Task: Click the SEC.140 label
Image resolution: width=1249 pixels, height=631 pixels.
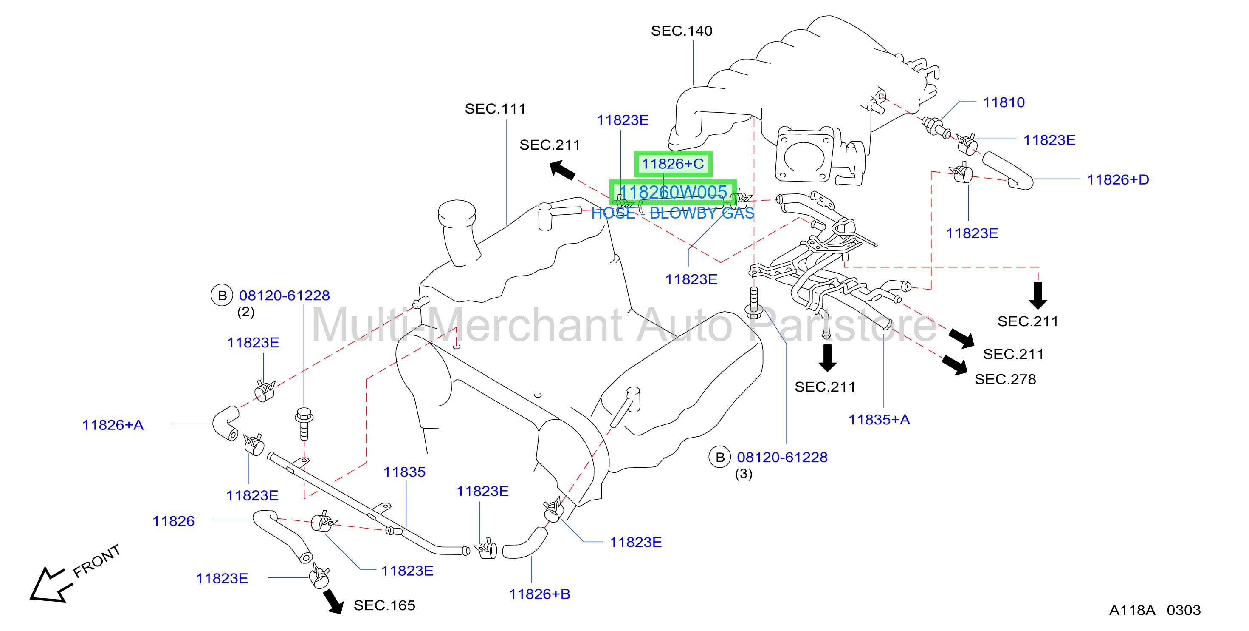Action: (681, 31)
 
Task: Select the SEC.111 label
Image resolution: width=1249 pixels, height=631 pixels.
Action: (495, 109)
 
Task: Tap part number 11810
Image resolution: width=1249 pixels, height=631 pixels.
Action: (1004, 102)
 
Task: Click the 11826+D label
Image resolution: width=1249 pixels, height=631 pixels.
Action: (1118, 179)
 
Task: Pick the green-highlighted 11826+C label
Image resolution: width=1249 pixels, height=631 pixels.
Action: (673, 164)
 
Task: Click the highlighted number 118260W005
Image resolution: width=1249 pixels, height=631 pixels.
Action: (673, 192)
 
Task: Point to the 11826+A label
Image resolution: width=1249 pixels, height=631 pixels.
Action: (113, 425)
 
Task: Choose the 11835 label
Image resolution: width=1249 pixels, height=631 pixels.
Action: (404, 472)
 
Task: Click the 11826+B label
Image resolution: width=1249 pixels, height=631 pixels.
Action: (540, 594)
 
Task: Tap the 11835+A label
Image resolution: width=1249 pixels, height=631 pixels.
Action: (879, 419)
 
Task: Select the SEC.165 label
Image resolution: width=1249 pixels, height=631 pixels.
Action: (384, 605)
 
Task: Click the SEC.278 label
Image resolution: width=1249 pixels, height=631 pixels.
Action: (1005, 379)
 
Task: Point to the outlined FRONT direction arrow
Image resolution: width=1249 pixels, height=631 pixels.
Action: (51, 585)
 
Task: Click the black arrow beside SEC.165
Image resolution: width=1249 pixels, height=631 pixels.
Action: (333, 601)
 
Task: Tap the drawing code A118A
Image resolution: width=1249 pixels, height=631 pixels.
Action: (1132, 610)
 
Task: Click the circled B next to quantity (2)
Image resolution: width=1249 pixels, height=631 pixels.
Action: (222, 295)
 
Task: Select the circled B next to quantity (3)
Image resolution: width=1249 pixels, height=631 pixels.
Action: (720, 457)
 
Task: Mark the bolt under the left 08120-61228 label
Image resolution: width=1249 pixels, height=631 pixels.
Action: (304, 423)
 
